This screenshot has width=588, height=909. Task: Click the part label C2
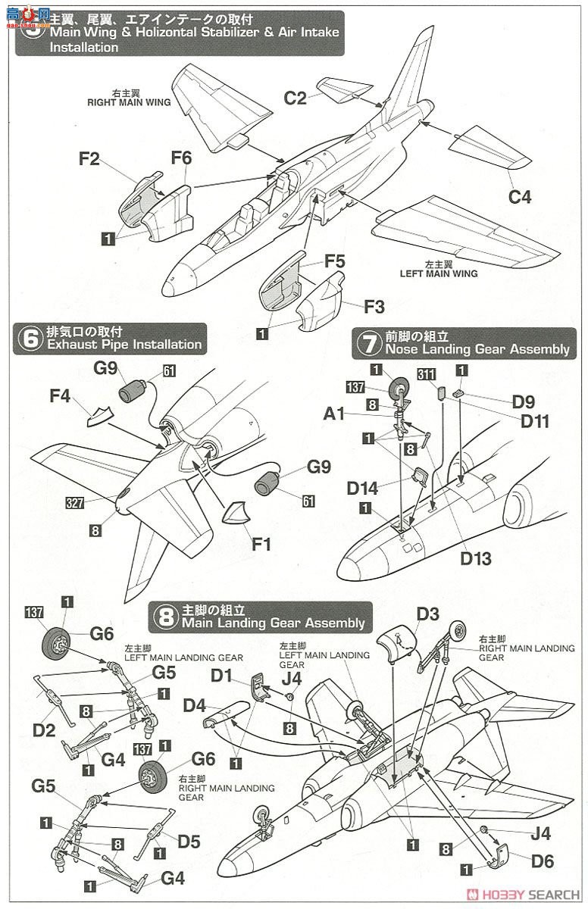295,98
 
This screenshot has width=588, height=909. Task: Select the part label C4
520,198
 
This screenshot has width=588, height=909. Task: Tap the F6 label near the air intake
181,158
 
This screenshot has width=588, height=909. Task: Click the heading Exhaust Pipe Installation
124,345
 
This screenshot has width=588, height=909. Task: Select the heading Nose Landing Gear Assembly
477,349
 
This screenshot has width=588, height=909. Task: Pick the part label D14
363,489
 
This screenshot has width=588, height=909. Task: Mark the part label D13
476,559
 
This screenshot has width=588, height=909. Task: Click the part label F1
261,544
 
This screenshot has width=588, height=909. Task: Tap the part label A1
334,414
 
